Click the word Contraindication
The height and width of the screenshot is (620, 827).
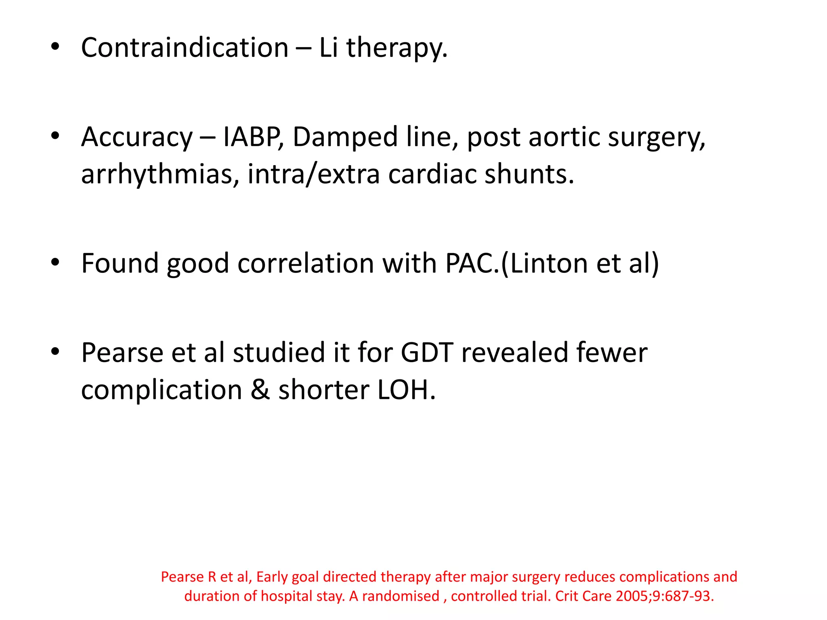coord(185,48)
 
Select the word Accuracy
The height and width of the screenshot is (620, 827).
coord(137,137)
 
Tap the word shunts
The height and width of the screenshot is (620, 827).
coord(529,174)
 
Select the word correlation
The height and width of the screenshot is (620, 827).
coord(306,264)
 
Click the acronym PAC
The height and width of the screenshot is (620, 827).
coord(471,264)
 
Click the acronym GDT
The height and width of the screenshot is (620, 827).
coord(427,353)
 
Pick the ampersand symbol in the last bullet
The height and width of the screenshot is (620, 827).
coord(260,390)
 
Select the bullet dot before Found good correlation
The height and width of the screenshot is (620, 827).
coord(55,263)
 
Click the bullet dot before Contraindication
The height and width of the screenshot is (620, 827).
coord(55,47)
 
